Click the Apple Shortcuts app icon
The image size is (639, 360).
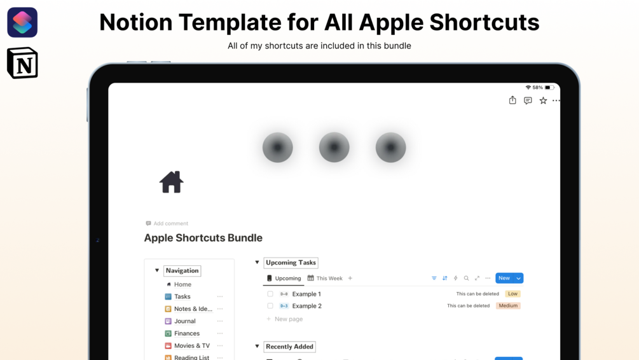22,22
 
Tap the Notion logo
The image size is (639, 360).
22,64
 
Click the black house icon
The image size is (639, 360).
171,182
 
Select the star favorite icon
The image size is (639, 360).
543,100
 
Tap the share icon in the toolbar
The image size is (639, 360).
512,100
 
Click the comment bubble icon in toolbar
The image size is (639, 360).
528,100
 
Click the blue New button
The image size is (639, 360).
504,278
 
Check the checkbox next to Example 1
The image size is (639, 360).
270,294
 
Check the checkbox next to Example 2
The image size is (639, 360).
270,306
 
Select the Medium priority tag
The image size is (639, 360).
508,306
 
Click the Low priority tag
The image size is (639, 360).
512,294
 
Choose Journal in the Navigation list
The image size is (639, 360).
185,321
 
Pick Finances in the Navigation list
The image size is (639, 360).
187,333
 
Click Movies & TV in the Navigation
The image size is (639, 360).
192,346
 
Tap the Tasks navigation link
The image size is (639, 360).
182,296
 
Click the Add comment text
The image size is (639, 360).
170,223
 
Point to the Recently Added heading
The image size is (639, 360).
290,347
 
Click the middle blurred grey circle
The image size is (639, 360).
334,148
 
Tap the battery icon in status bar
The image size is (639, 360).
548,88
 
